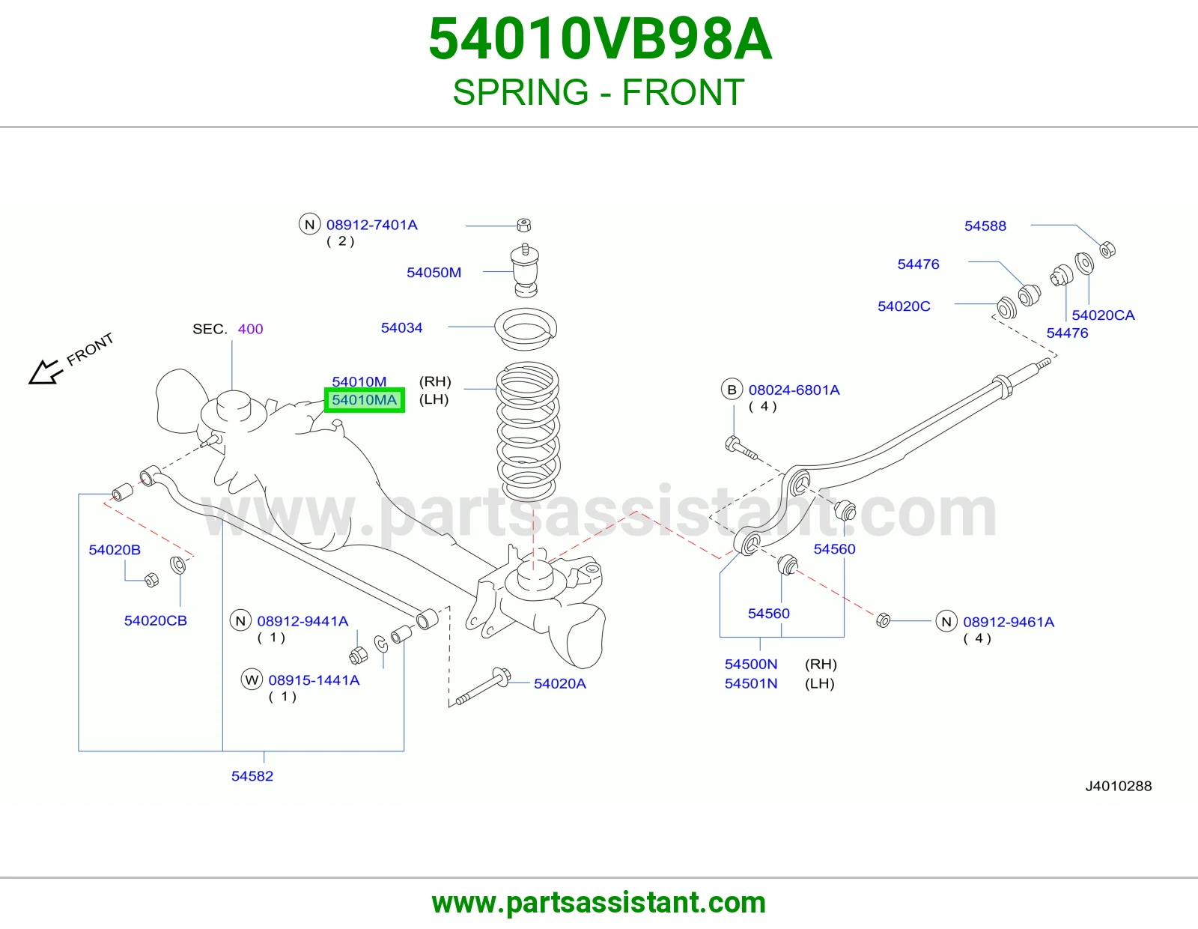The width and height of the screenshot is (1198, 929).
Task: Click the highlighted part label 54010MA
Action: click(365, 400)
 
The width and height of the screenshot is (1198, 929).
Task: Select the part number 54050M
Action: click(434, 273)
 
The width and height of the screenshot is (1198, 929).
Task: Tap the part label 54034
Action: click(402, 327)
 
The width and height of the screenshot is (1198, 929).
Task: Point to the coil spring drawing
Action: click(528, 432)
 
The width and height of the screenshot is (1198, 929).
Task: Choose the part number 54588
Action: click(985, 226)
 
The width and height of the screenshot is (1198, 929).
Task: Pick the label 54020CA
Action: click(1103, 315)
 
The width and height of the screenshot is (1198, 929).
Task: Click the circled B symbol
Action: click(732, 390)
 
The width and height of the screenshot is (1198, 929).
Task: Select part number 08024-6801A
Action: click(794, 390)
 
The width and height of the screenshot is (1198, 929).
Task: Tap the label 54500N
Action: click(751, 665)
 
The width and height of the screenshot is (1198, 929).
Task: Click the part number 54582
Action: click(252, 776)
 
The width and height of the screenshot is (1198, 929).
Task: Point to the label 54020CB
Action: click(156, 620)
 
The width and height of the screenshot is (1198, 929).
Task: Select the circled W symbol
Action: click(252, 680)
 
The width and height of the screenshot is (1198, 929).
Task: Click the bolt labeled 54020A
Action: click(480, 686)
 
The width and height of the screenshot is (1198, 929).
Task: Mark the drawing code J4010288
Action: click(1119, 786)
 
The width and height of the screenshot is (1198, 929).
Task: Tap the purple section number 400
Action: click(250, 329)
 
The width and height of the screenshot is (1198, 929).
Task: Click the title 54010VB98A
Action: click(600, 39)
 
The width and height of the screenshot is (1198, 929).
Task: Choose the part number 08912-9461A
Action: click(1009, 622)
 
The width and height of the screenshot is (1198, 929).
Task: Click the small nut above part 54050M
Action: click(523, 225)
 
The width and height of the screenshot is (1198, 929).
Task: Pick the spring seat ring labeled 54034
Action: click(526, 329)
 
